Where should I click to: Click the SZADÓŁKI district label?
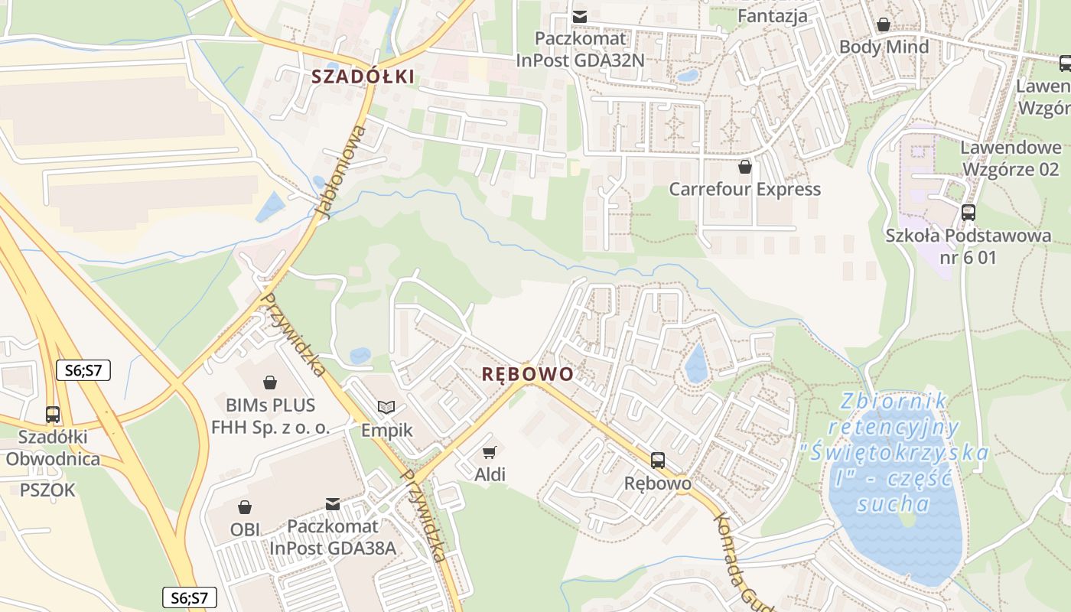pos(363,76)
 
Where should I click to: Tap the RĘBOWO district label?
pos(528,374)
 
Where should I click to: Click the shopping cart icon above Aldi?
pos(490,453)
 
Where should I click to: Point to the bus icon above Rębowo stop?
pos(658,461)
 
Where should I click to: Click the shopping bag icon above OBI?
pos(245,506)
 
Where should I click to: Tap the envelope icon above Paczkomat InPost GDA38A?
pos(333,504)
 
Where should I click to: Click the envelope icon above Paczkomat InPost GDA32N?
pos(581,15)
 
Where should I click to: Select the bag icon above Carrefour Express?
pos(745,166)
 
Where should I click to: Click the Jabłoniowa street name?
pos(341,172)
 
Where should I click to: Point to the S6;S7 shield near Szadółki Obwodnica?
pos(83,371)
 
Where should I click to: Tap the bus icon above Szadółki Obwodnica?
pos(53,415)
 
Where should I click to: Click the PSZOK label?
pos(47,490)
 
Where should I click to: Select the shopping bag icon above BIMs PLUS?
pos(269,381)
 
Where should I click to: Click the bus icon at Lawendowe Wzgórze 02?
pos(968,212)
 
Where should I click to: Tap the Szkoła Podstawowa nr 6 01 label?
pos(968,246)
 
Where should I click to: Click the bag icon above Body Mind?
pos(884,24)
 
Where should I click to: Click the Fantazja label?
pos(772,15)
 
